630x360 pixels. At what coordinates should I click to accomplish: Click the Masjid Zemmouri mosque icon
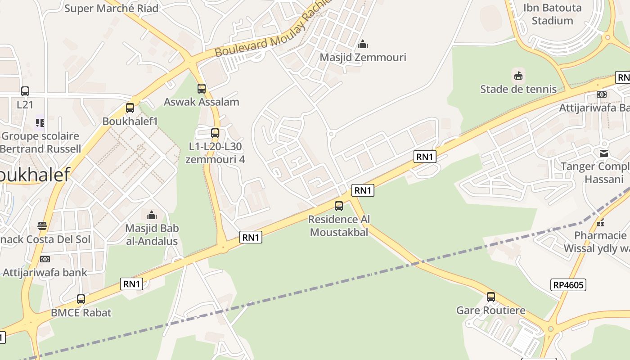363,44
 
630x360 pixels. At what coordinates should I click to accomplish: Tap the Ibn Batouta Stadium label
552,14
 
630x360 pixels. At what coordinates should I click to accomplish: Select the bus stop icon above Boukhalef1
130,108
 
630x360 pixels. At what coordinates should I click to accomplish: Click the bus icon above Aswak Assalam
202,89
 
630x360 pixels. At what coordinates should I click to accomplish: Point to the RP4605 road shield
568,285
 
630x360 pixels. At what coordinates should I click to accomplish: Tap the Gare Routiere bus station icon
491,297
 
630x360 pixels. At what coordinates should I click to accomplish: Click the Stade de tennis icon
518,76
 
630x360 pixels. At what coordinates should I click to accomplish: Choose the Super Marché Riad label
112,8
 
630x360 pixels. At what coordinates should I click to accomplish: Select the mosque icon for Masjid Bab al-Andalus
152,215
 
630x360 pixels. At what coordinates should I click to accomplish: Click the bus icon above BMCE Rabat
81,299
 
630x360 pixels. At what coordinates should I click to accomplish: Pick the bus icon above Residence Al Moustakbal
339,206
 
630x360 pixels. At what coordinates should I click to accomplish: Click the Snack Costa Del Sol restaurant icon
42,226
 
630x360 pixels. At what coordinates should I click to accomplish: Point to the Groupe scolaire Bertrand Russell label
40,142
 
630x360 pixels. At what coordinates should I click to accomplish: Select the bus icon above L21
25,91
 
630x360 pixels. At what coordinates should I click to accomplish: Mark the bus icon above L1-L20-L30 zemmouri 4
215,133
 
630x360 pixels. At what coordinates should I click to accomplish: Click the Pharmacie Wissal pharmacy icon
600,222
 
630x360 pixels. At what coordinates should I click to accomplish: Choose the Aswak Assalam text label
201,102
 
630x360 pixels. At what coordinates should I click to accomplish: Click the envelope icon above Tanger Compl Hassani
604,153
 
